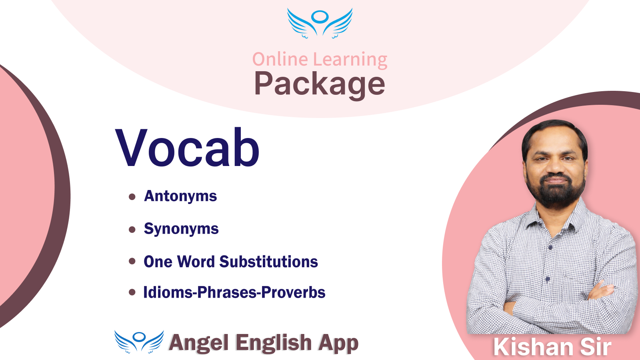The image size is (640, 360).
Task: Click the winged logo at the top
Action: (x=320, y=23)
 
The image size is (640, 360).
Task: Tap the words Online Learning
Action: (x=320, y=60)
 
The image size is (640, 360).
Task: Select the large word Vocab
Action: (x=187, y=148)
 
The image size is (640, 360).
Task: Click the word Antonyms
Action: (x=180, y=196)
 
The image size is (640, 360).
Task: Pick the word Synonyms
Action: (x=181, y=229)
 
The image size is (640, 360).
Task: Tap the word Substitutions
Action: (x=268, y=262)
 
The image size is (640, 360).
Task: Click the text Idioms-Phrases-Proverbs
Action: (x=234, y=292)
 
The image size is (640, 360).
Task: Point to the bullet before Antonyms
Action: (x=132, y=196)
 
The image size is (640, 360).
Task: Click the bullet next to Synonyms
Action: (x=132, y=230)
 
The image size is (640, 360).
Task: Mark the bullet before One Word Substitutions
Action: (x=132, y=261)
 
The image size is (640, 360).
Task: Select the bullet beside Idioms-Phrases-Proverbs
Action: (x=132, y=292)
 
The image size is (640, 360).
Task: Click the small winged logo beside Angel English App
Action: (x=139, y=342)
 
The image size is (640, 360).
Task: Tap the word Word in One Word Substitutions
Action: (x=196, y=262)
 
